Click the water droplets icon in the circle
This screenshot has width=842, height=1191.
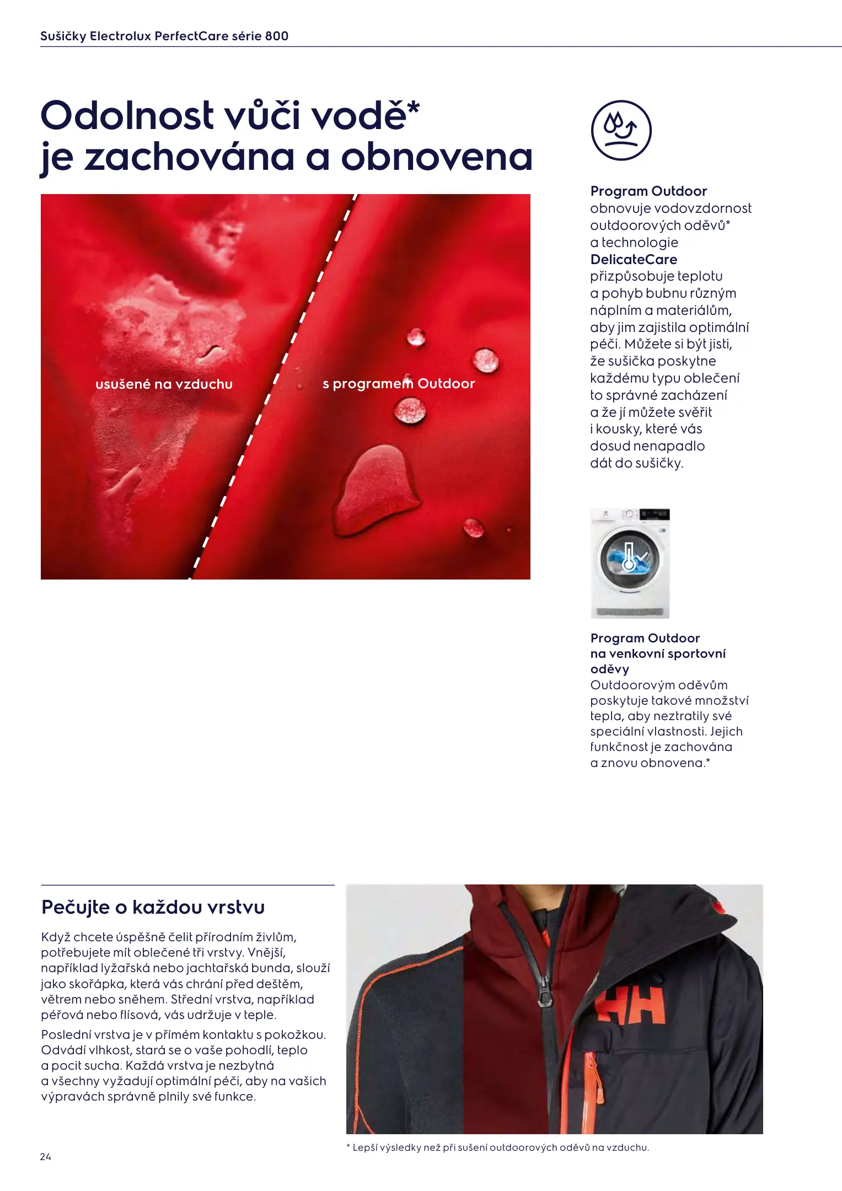pos(621,130)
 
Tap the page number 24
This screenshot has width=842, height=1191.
pos(45,1156)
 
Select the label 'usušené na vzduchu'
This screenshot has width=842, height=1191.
pos(164,384)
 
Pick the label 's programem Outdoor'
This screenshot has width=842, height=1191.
pos(398,384)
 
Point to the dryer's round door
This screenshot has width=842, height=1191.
pos(629,557)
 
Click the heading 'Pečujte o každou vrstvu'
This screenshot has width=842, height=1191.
pos(153,907)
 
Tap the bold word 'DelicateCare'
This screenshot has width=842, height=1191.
pos(634,259)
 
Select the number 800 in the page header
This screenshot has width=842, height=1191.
pos(276,36)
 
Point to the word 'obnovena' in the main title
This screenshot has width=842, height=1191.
pos(437,157)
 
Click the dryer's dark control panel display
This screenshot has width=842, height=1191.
pos(654,514)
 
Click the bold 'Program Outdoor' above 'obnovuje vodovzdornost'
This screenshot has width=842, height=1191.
pos(648,191)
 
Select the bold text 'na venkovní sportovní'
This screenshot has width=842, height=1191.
pos(658,653)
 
